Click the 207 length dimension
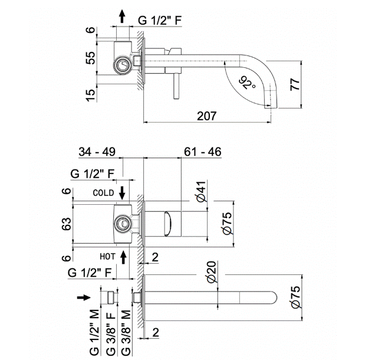coord(206,116)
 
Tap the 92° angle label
coord(247,83)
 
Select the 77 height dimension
coord(295,84)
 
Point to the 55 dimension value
coord(90,58)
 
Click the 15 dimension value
coord(90,95)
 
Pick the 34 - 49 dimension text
coord(97,152)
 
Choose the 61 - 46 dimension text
coord(203,152)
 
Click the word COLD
coord(103,193)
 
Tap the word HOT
coord(107,257)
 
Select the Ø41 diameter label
coord(202,192)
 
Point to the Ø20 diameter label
coord(212,272)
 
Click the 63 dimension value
coord(66,224)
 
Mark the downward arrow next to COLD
coord(122,193)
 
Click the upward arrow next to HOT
coord(123,257)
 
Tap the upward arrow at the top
coord(122,17)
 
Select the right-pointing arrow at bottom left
coord(84,297)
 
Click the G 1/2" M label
coord(94,332)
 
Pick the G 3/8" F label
coord(111,334)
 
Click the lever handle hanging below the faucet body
coord(176,86)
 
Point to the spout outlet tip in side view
coord(271,106)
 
